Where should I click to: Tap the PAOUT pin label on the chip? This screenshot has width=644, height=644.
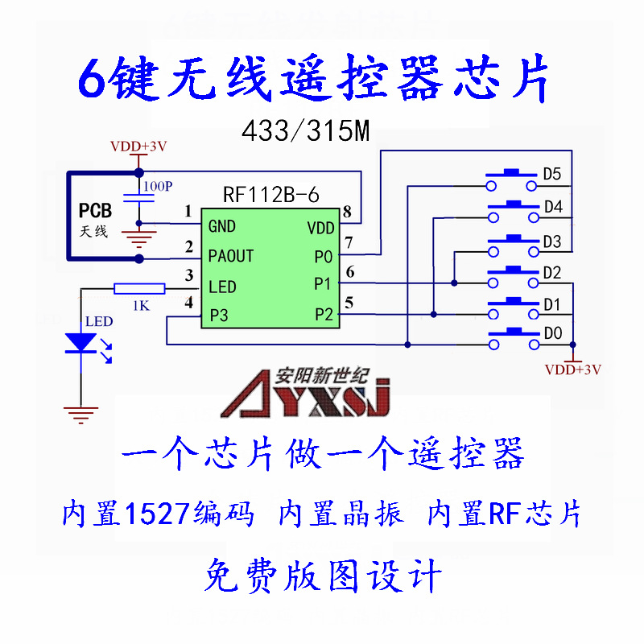click(230, 256)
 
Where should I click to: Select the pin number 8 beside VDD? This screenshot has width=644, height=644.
click(347, 213)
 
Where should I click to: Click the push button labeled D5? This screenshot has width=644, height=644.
click(510, 178)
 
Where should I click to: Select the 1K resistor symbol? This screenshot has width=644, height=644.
click(138, 289)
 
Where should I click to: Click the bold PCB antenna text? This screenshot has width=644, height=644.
click(95, 212)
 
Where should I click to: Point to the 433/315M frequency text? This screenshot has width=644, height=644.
click(305, 132)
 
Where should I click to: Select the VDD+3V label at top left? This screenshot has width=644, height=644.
click(138, 147)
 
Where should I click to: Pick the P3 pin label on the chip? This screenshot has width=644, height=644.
click(218, 315)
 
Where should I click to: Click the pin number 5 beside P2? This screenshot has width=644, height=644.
click(348, 303)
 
